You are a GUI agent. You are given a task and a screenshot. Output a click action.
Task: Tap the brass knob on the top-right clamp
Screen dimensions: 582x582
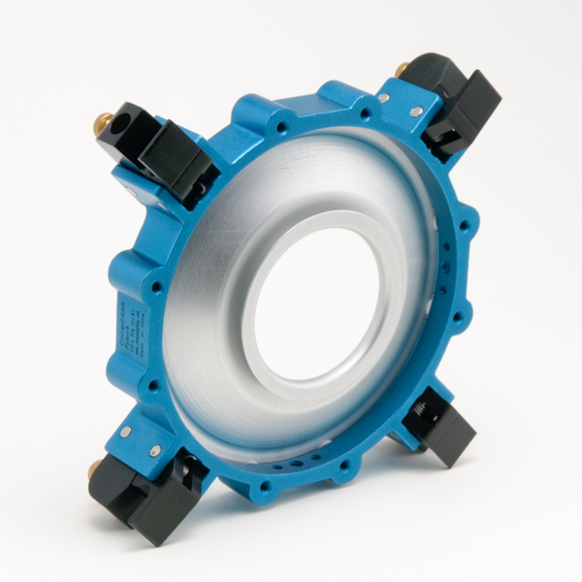pyautogui.click(x=402, y=69)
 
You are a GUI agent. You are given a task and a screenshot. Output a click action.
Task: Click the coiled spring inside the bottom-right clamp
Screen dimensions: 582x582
pyautogui.click(x=427, y=415)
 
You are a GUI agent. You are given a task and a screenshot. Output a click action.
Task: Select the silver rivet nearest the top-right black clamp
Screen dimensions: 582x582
pyautogui.click(x=416, y=112)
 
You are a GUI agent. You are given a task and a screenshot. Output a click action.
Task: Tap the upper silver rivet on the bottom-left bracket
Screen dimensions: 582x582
pyautogui.click(x=125, y=430)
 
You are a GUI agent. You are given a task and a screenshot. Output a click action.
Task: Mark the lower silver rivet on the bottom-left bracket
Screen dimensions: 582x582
pyautogui.click(x=155, y=451)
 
